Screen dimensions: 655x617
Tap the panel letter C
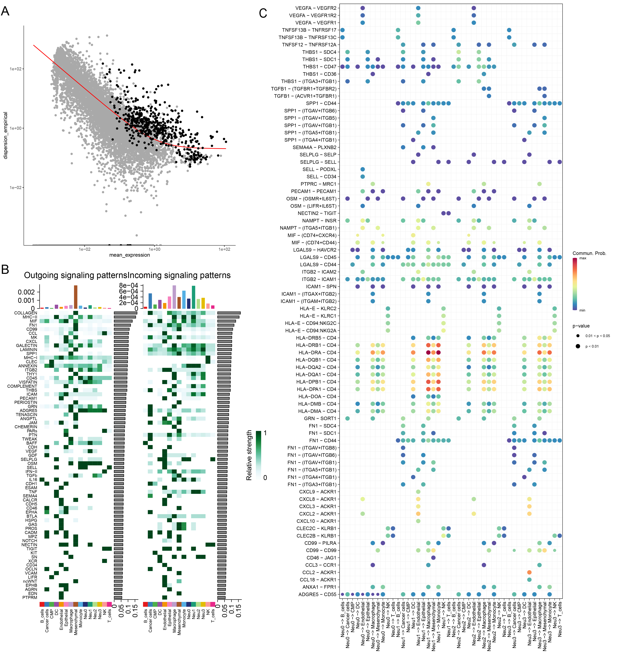coord(263,14)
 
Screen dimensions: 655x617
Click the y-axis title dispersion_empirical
coord(5,135)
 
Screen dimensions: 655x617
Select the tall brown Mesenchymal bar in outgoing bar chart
coord(75,297)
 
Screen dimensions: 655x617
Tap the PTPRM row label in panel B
coord(30,597)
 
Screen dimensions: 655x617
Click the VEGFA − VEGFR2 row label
coord(316,8)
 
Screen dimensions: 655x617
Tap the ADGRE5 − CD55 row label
coord(317,594)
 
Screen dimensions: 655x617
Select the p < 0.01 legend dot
coord(578,346)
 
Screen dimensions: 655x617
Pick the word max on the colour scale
coord(583,258)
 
